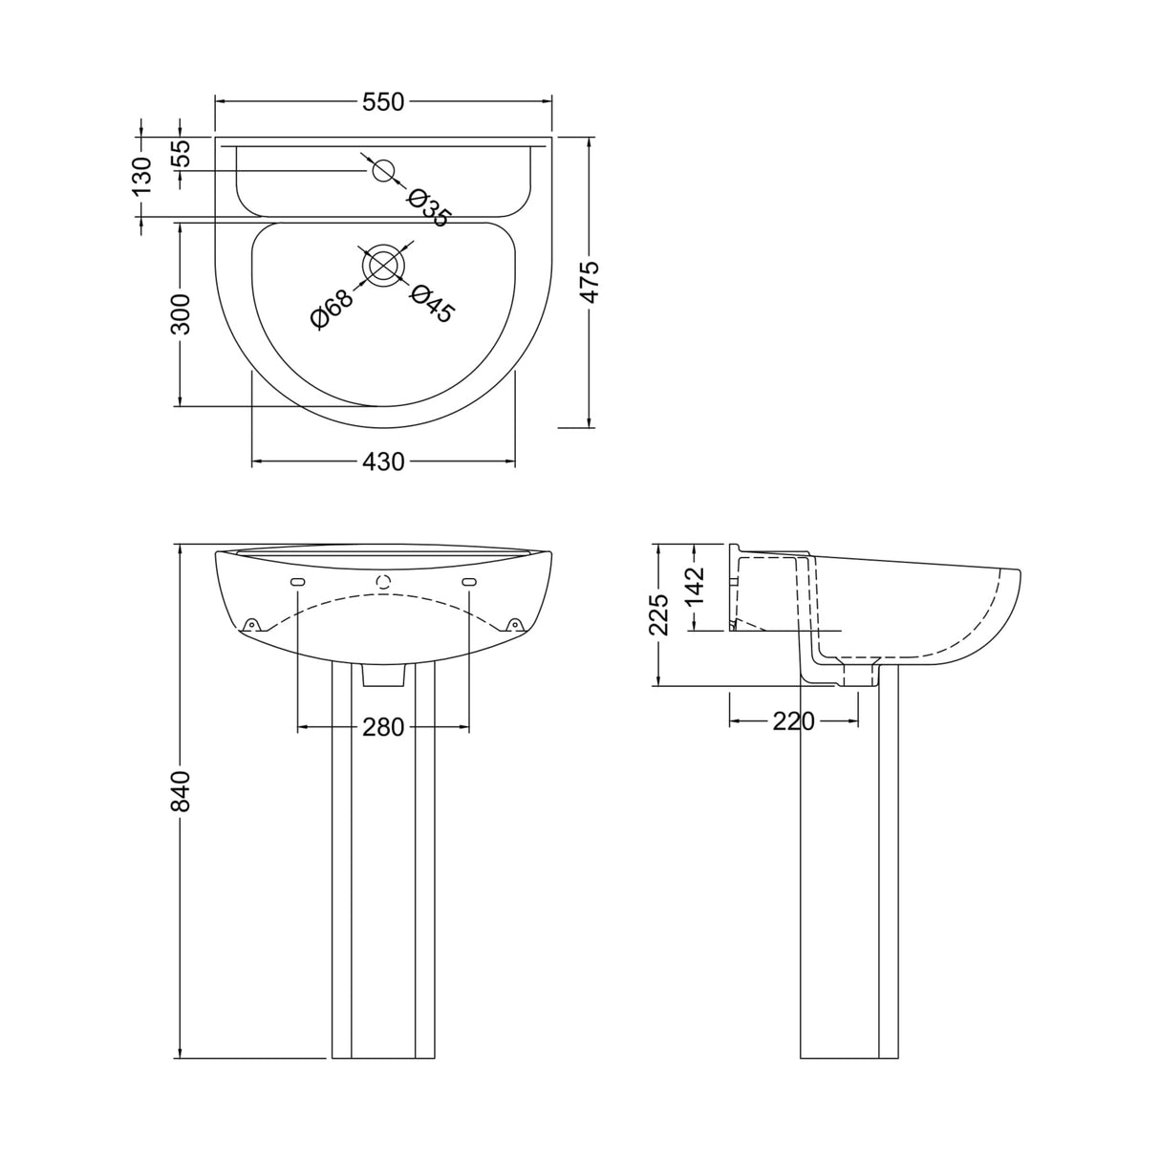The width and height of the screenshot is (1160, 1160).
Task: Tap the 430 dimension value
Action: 383,462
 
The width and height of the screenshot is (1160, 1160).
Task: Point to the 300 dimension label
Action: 181,313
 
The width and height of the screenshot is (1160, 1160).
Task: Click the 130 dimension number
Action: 141,177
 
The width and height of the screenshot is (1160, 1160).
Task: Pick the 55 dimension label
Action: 181,153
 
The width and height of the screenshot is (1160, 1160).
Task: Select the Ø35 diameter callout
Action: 426,207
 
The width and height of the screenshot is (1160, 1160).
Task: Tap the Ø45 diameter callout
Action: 432,305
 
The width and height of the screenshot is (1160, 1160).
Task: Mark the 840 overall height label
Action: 181,791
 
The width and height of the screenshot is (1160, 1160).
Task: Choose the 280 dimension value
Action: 383,728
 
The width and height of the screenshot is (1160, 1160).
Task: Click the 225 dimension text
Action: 658,614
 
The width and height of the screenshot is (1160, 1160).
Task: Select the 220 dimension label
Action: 793,721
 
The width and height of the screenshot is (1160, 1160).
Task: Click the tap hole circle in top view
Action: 383,171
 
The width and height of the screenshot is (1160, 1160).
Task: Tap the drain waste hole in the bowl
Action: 384,266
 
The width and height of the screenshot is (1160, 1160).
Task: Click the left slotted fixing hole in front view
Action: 297,583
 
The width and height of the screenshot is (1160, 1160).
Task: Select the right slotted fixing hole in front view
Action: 469,583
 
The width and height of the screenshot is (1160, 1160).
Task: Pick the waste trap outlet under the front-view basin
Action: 384,675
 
